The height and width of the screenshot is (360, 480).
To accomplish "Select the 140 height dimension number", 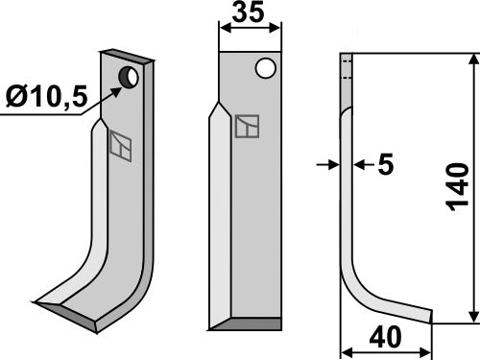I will point(458,188).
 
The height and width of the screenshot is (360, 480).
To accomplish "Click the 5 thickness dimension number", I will point(386,165).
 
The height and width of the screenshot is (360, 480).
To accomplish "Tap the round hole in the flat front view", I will point(266,68).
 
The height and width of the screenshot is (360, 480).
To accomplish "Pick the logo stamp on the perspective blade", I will point(120,144).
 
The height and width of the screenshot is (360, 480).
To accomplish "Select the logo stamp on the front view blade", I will point(247,127).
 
